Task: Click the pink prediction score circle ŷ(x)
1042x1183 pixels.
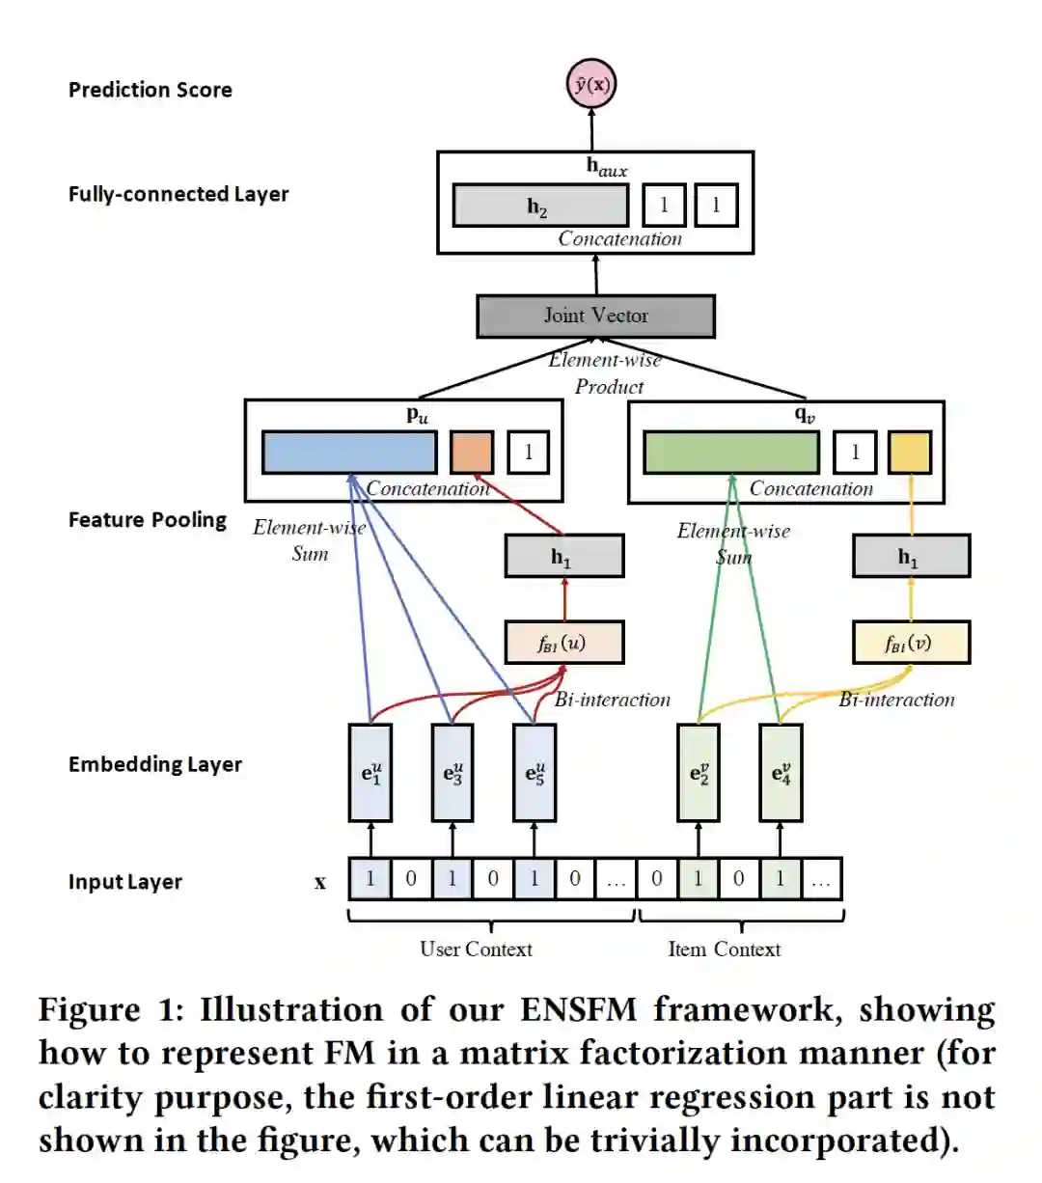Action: coord(591,84)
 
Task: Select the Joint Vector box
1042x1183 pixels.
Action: coord(596,316)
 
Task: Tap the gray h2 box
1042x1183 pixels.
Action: coord(540,205)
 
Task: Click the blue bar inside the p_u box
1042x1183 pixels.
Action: coord(349,452)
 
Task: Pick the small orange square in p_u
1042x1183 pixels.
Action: coord(472,452)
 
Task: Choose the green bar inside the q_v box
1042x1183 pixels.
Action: coord(731,452)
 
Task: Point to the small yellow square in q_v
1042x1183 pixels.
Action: coord(910,452)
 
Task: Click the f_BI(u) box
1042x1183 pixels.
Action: coord(564,643)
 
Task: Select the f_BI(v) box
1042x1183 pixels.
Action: coord(911,643)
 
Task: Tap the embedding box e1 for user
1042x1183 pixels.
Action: coord(370,773)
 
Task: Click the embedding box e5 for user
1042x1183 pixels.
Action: coord(535,773)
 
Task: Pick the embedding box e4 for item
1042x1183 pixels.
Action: coord(781,773)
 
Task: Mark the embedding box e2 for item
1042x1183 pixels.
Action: coord(699,773)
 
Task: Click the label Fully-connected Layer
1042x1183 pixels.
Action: coord(178,194)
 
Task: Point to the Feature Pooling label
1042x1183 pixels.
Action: coord(148,520)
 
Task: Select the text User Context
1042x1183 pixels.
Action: coord(476,949)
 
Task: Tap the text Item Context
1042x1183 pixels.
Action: coord(724,949)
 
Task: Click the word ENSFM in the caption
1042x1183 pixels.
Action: coord(578,1009)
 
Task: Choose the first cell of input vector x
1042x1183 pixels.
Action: coord(370,878)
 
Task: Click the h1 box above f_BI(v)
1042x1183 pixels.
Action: coord(911,556)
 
